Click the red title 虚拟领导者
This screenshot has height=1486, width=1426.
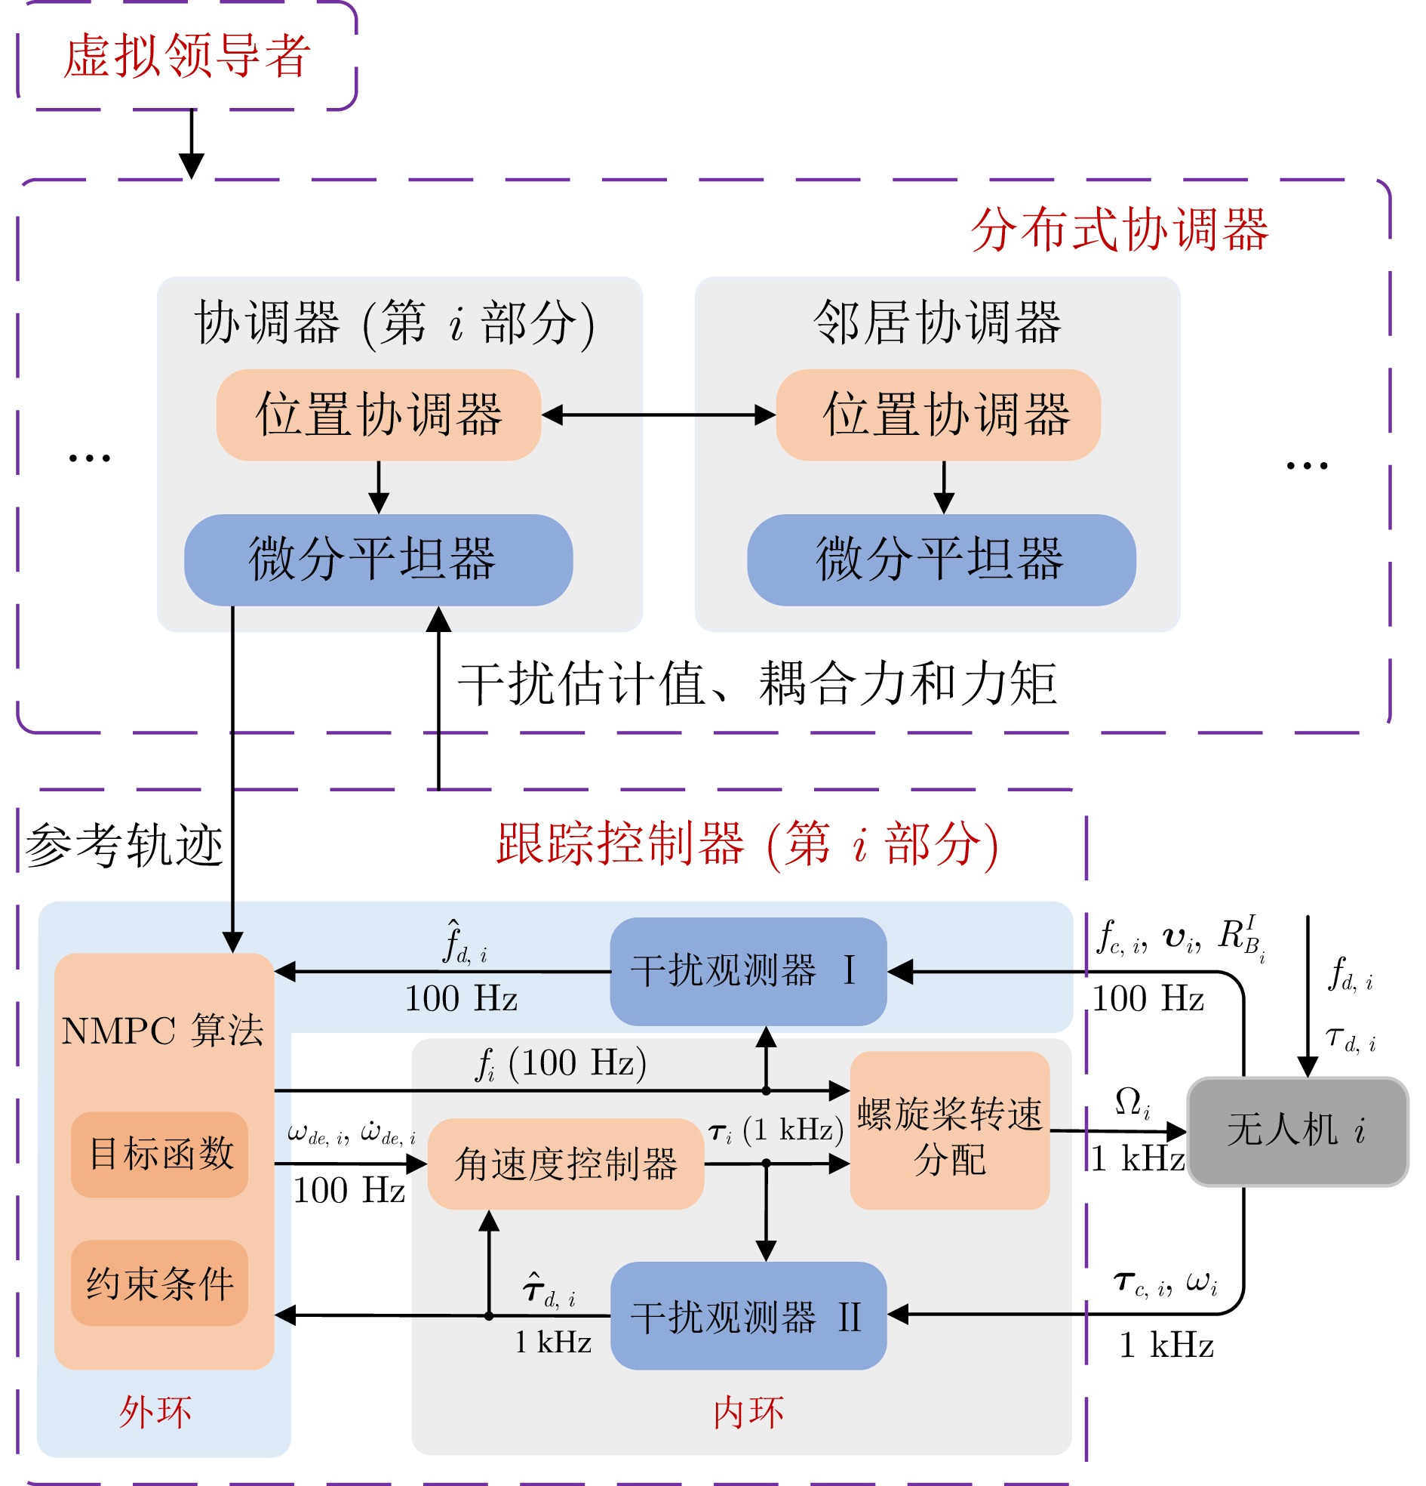(x=186, y=56)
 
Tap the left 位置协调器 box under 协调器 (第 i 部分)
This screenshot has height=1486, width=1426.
(x=378, y=415)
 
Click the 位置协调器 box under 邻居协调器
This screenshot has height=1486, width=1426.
(x=937, y=415)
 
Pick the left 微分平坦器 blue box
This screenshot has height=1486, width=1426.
(x=378, y=560)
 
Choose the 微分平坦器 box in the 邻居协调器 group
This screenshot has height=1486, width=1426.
(x=940, y=560)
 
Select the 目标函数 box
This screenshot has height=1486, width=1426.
(x=160, y=1153)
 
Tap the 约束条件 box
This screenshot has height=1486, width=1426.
(x=160, y=1283)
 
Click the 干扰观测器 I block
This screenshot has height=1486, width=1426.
(x=748, y=970)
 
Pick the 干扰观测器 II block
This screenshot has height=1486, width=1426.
(x=748, y=1316)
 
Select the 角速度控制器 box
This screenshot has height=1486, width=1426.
(x=565, y=1163)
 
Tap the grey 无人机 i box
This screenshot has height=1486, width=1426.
(x=1296, y=1130)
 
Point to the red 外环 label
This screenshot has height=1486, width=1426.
(x=155, y=1412)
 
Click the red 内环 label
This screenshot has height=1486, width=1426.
(x=748, y=1413)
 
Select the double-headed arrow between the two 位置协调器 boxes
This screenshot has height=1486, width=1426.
(x=658, y=415)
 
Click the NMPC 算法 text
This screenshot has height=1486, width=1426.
(x=163, y=1031)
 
